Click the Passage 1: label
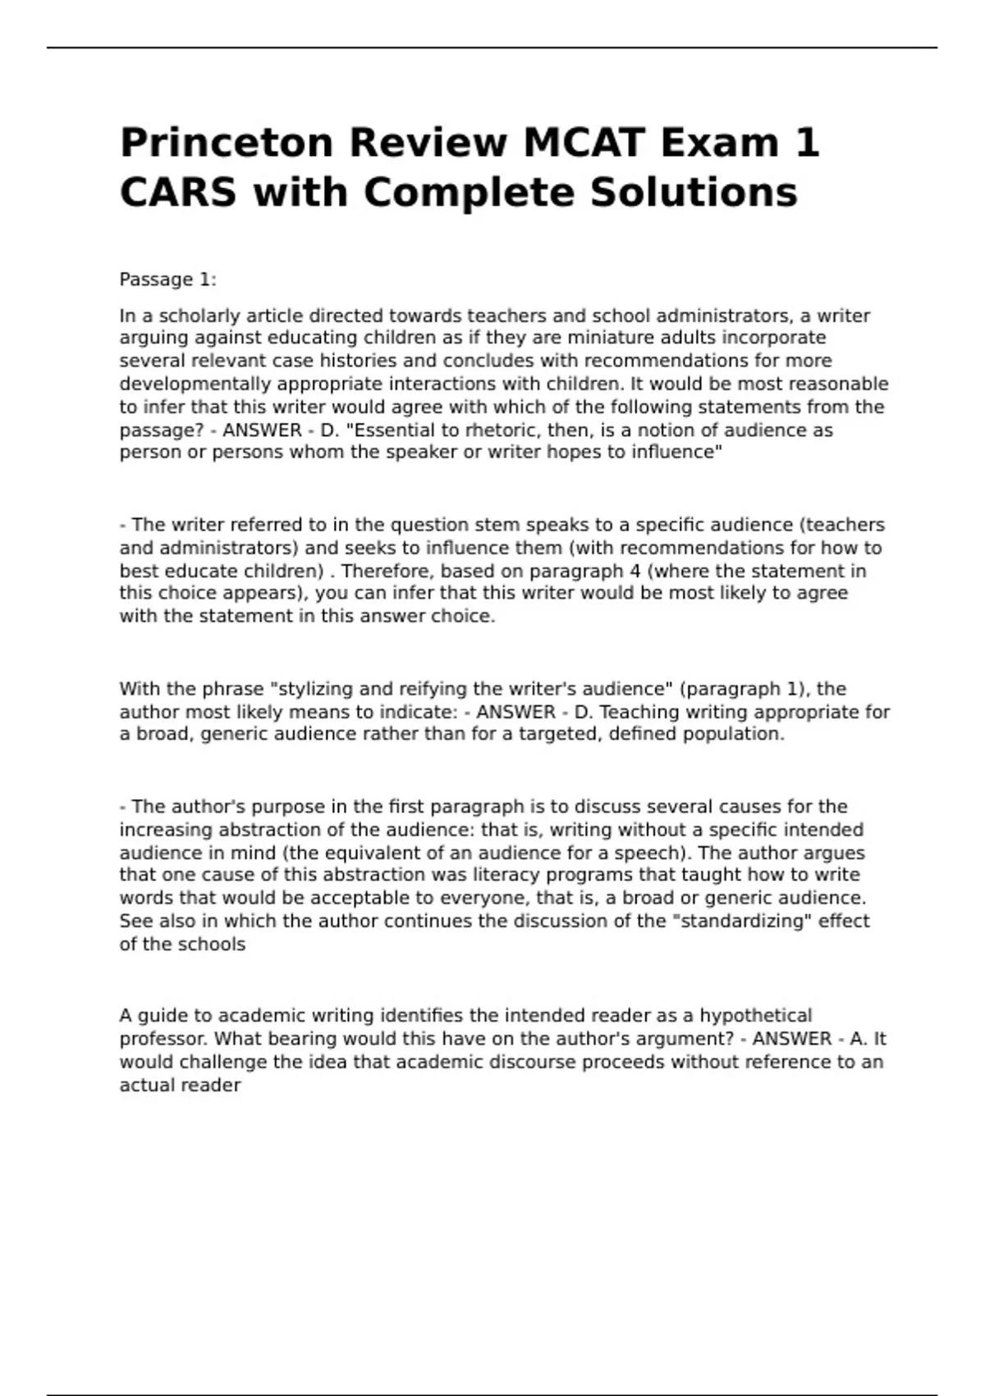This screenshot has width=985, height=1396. pos(167,279)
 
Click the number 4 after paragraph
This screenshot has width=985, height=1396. pos(634,571)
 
